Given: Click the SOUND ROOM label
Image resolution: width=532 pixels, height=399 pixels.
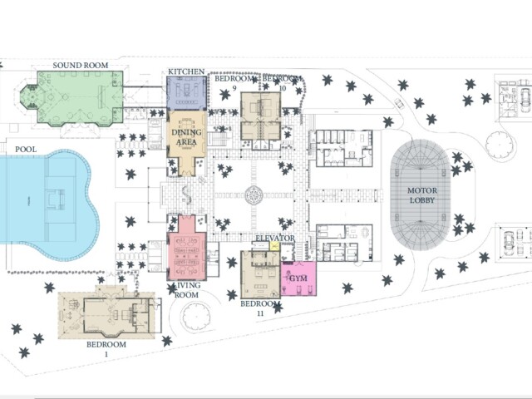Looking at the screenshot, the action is [x=81, y=65].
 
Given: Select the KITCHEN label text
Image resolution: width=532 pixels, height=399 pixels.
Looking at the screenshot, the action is [x=186, y=71].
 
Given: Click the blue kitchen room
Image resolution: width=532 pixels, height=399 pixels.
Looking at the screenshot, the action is [x=186, y=93].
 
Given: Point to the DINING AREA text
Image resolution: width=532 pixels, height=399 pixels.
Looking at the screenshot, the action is [x=186, y=137].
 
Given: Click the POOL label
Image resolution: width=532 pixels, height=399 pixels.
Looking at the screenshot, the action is [x=26, y=150].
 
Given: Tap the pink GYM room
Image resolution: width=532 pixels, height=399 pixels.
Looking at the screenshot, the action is [x=298, y=278].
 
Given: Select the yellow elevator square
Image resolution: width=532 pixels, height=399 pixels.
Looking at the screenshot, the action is [x=273, y=246].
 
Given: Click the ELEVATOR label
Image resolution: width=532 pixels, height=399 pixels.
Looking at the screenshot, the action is [x=275, y=239].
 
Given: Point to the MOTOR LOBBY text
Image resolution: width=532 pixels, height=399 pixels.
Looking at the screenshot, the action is [x=422, y=195].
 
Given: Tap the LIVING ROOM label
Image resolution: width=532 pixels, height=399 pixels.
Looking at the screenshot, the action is [x=186, y=290].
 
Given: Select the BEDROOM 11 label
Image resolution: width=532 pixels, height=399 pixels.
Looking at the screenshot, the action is [x=260, y=308].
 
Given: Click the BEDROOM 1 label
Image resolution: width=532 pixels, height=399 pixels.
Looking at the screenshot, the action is [x=106, y=349].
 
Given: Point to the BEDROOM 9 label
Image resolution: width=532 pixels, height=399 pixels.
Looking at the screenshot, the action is [x=234, y=83].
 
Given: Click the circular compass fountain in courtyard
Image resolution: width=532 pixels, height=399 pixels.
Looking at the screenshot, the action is [x=254, y=195].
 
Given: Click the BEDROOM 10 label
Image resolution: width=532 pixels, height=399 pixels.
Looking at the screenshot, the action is [x=282, y=83].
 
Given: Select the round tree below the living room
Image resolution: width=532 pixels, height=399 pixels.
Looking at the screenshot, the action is [x=196, y=317].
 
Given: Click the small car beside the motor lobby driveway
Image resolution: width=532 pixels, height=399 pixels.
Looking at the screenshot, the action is [x=399, y=103].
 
